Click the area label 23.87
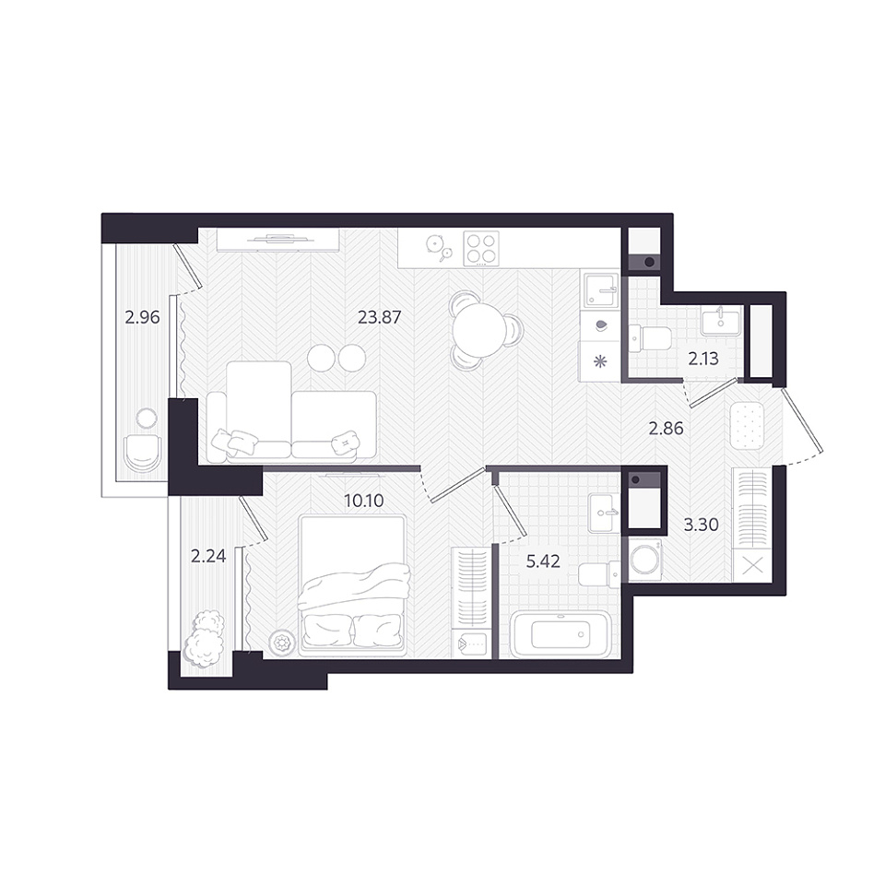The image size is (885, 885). pos(379,317)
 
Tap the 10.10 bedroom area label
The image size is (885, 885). pos(364,500)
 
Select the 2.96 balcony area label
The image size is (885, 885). pos(142,317)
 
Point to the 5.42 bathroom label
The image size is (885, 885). pos(543,561)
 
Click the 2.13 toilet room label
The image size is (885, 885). pos(703,359)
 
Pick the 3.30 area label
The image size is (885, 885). pos(701,525)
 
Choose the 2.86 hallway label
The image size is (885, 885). pos(666,429)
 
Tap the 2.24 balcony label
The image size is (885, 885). pos(208,556)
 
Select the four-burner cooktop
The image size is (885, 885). pos(481,248)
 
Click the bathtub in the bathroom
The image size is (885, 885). pos(560,634)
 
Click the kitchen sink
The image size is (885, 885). pos(600,289)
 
